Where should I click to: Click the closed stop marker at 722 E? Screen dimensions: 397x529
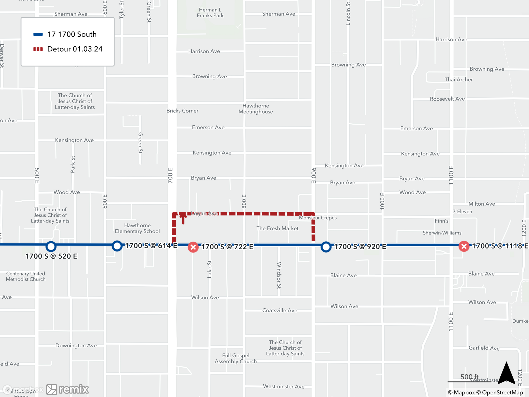tap(193, 247)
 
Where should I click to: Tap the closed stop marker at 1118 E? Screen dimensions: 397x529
tap(464, 246)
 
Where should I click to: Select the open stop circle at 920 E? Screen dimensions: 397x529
tap(326, 247)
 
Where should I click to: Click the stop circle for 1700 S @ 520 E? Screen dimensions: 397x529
tap(51, 246)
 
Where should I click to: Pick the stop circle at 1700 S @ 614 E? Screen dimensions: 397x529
tap(117, 246)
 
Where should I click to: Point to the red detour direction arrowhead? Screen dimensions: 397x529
tap(183, 215)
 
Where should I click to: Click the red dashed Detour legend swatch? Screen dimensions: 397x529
tap(38, 49)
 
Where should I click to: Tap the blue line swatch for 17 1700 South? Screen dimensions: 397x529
tap(38, 34)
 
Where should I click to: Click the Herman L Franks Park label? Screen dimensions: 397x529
tap(210, 13)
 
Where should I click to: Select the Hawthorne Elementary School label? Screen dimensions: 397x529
tap(137, 228)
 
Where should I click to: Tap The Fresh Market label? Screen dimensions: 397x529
tap(277, 228)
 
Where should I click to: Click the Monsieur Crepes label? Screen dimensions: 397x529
tap(318, 218)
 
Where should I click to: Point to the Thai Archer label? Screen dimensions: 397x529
tap(459, 80)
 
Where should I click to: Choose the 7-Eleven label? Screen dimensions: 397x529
tap(462, 211)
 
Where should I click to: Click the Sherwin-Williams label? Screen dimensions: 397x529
tap(442, 233)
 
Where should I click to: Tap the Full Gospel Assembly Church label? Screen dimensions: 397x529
tap(236, 358)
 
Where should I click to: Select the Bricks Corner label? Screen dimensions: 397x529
tap(182, 111)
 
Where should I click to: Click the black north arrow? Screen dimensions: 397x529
tap(506, 373)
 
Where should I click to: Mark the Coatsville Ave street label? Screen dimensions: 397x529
tap(280, 310)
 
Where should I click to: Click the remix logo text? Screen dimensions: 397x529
tap(74, 389)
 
